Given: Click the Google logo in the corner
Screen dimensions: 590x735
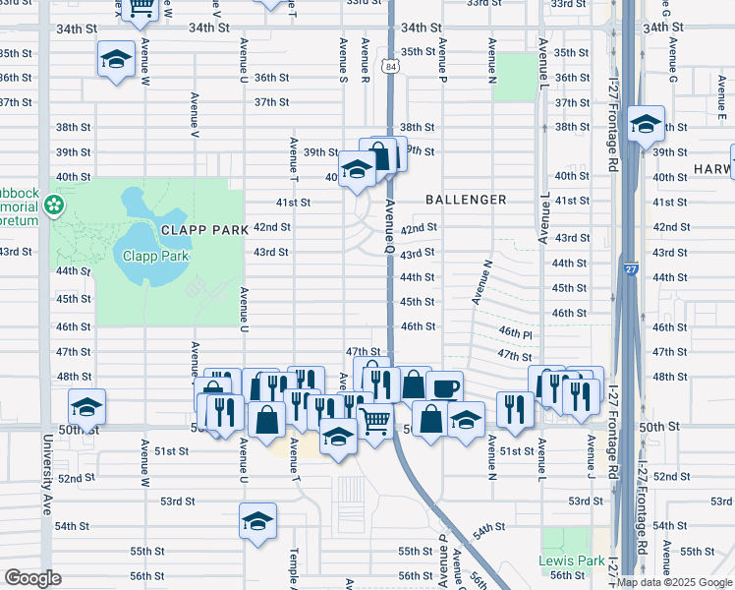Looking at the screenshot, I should tap(32, 578).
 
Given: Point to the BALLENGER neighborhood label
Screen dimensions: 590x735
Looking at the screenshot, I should tap(466, 200).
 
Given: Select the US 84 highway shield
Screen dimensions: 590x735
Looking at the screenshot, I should tap(392, 67).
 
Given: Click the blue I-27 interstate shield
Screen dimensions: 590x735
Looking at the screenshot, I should tap(629, 267).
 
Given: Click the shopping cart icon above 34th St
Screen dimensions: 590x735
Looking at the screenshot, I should tap(141, 8).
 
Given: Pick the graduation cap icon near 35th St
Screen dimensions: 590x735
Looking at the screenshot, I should tap(116, 59).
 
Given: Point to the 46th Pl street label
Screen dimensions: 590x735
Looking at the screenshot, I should tap(515, 334).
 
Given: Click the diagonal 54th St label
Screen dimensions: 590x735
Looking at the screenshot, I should tap(487, 529).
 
